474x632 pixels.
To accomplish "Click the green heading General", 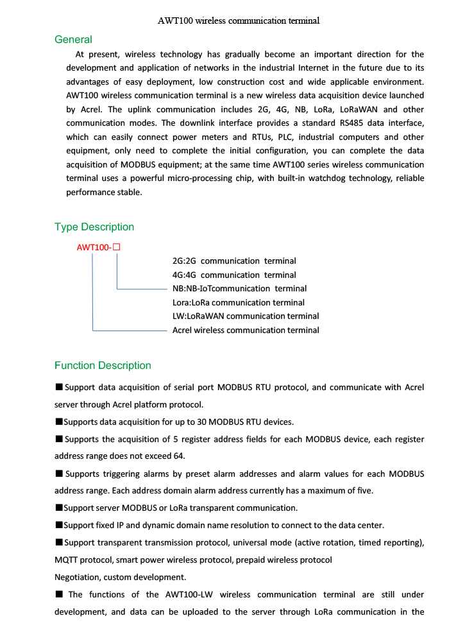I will point(73,40).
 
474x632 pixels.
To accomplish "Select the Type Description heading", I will point(94,227).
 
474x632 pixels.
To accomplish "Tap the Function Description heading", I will point(103,366).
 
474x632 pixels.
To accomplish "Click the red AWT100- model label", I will point(94,247).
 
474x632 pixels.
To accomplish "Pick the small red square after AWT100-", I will point(117,246).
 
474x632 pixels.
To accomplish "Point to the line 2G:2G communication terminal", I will point(234,261).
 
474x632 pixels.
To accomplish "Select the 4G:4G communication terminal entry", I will point(234,275).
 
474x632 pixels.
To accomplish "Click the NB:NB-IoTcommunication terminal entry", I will point(239,289).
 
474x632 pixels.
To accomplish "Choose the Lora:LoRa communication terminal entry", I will point(239,303).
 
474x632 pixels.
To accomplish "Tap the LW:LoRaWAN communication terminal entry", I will point(246,316).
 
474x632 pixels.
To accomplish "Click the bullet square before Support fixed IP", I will point(58,525).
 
